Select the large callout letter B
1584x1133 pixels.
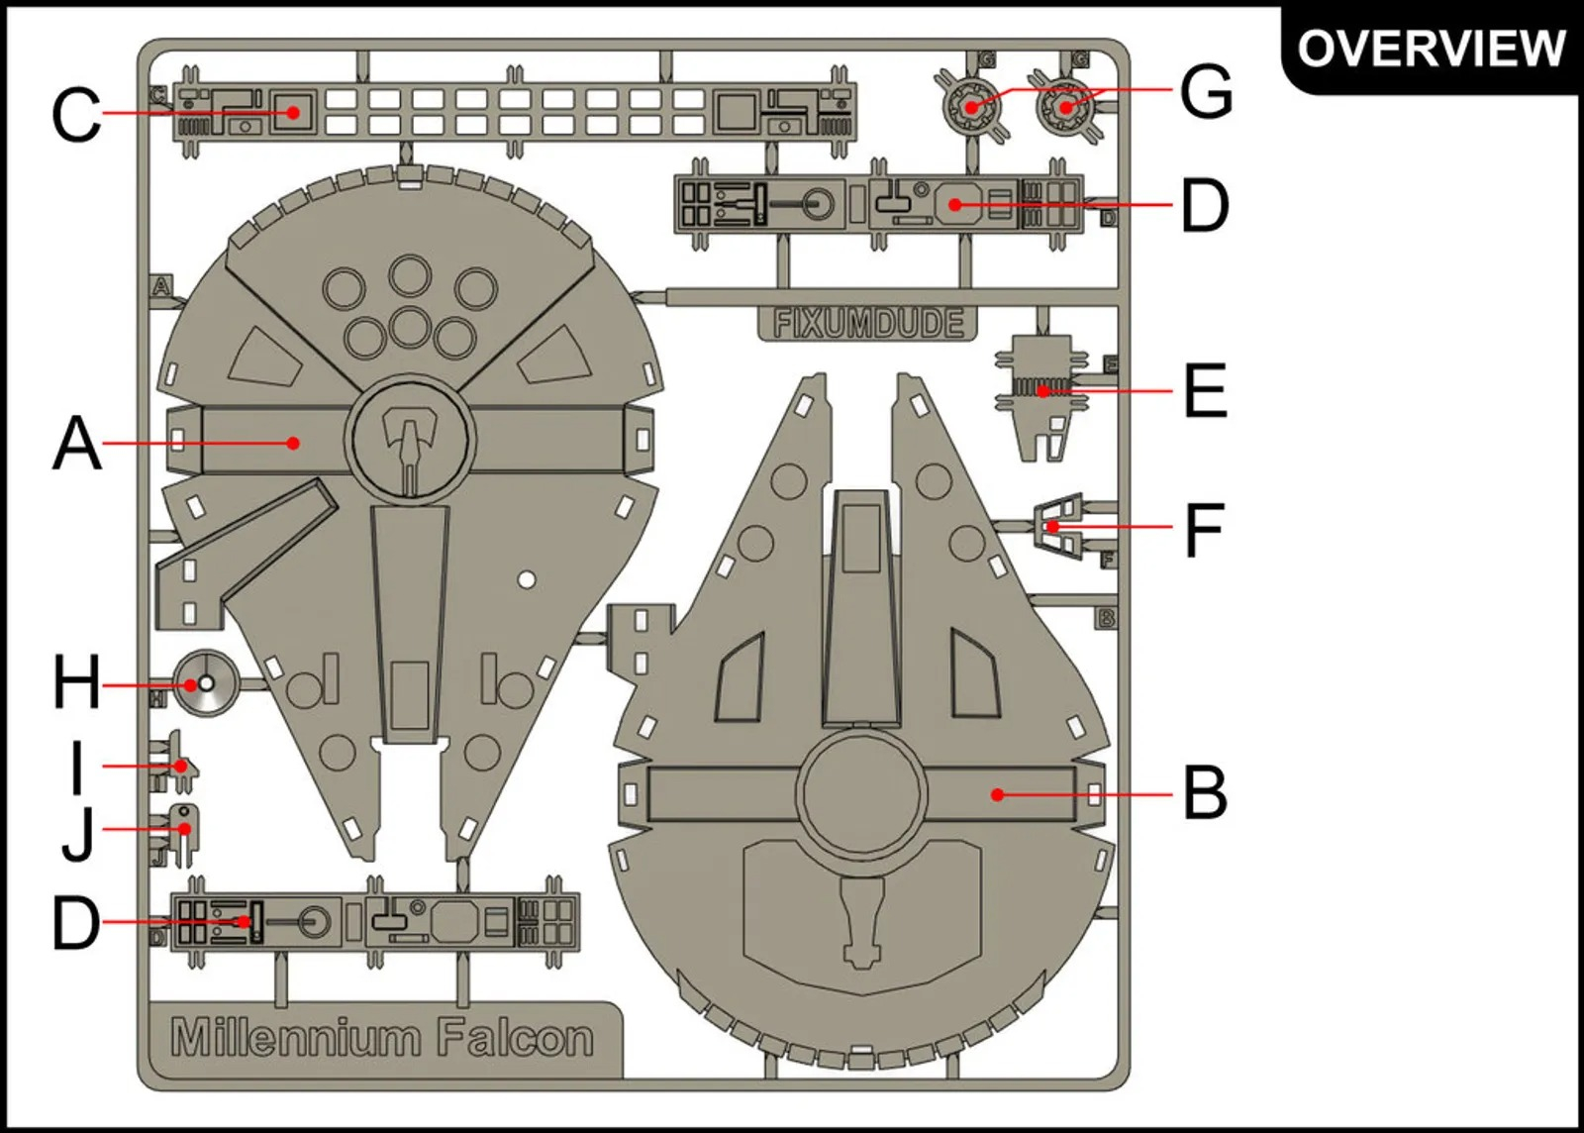click(1205, 793)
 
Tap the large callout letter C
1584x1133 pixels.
click(75, 115)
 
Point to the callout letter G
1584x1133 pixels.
click(1206, 91)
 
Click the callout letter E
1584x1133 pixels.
click(1205, 391)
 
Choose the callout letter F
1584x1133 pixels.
click(1204, 529)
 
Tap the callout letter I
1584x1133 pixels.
click(77, 768)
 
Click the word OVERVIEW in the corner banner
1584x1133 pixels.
click(1431, 48)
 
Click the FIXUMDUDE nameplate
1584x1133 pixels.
click(868, 323)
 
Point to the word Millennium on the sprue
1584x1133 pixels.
click(295, 1038)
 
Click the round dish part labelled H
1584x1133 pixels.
click(206, 683)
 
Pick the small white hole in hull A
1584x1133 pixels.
click(527, 579)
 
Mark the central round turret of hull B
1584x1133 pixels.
click(861, 793)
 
